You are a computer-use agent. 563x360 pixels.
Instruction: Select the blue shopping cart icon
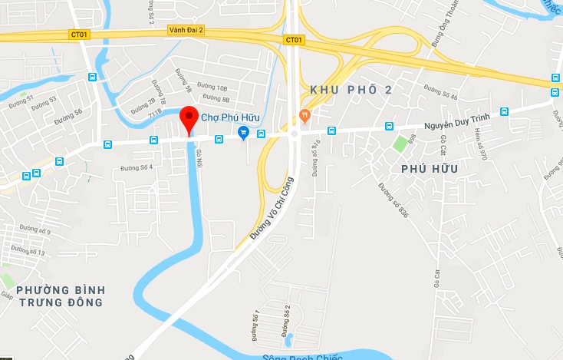[244, 133]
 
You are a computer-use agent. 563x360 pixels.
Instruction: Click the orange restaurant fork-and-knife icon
[305, 116]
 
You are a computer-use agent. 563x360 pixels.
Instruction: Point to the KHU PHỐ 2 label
[351, 91]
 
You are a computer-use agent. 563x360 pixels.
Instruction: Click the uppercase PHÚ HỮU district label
[429, 168]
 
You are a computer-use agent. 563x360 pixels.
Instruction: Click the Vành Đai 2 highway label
[185, 31]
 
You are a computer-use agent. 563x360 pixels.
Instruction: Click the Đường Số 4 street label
[137, 167]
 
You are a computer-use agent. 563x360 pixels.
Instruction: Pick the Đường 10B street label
[212, 88]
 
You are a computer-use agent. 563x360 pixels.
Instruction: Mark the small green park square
[400, 144]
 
